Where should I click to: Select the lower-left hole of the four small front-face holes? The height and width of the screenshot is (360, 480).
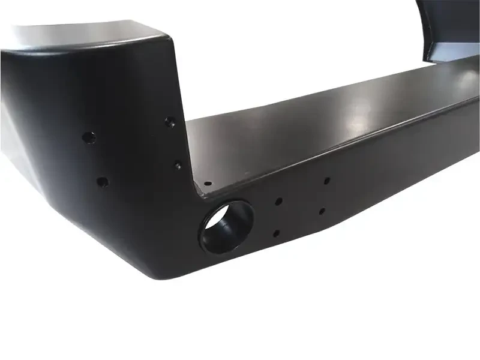(275, 233)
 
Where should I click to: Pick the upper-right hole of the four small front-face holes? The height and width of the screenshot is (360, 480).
(326, 179)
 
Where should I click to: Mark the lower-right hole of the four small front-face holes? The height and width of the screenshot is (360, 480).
(323, 211)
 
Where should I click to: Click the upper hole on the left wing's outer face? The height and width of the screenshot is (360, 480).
(89, 137)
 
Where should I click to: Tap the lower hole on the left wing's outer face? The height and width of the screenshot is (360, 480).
(102, 181)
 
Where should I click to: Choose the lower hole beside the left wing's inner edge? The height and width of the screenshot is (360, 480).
(178, 165)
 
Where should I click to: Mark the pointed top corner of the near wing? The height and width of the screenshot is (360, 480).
(162, 34)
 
